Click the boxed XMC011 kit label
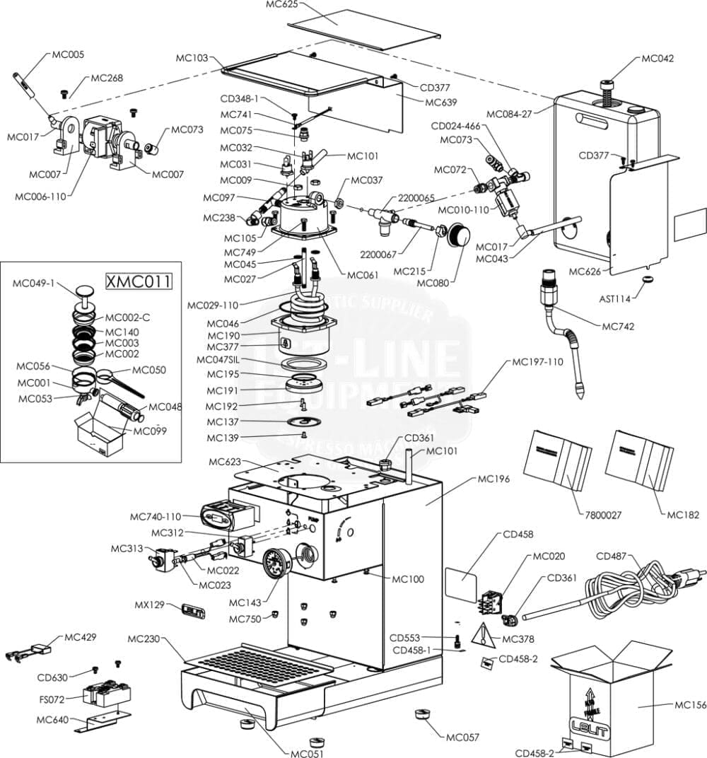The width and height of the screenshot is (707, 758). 139,282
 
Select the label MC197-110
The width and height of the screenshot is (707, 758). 537,362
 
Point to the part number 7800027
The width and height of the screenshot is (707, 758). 603,515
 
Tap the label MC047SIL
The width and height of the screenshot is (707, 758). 219,359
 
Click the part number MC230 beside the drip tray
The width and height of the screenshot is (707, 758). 144,639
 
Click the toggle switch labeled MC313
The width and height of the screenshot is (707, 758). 156,561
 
